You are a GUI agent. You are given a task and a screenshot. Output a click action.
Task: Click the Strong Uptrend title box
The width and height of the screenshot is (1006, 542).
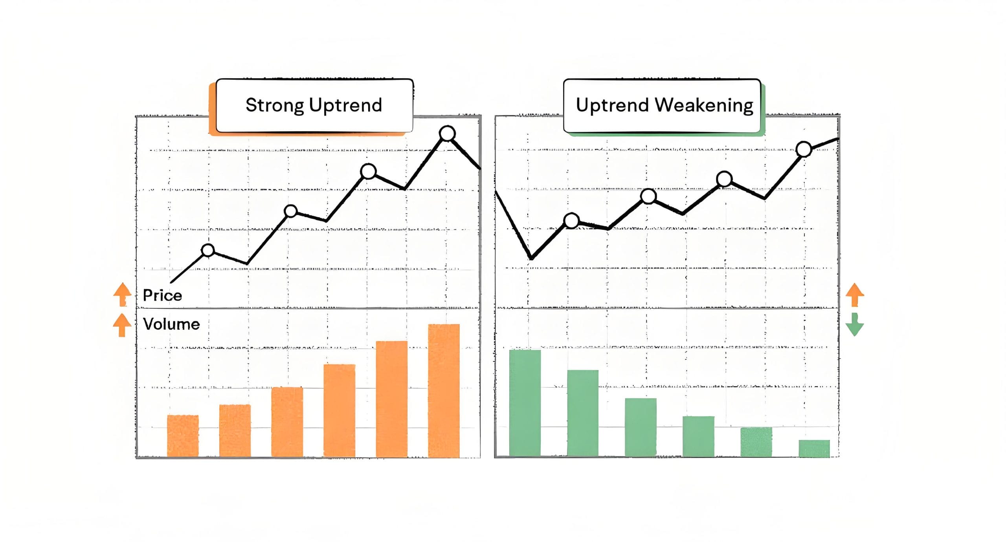click(x=314, y=105)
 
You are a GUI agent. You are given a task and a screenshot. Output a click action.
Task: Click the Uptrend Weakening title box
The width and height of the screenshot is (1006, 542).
click(x=662, y=105)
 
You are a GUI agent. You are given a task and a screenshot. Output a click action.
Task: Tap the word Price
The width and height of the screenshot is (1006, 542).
click(x=162, y=295)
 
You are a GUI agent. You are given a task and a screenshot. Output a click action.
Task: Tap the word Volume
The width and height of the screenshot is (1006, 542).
click(x=171, y=324)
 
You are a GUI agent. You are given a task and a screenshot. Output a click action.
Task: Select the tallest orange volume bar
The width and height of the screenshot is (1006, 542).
click(x=444, y=390)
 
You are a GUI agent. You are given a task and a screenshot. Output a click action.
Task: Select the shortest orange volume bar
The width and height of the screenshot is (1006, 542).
click(x=183, y=436)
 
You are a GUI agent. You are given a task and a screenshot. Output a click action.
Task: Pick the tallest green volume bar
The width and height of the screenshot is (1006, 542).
click(x=525, y=403)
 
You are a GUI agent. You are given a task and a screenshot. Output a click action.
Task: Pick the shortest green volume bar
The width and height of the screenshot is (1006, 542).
click(x=814, y=449)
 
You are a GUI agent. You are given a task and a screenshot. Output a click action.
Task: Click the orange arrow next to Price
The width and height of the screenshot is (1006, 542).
click(x=122, y=294)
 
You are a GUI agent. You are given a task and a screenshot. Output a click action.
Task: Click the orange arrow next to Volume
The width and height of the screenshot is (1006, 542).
click(x=122, y=325)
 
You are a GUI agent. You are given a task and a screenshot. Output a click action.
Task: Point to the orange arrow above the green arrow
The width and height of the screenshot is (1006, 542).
click(x=854, y=294)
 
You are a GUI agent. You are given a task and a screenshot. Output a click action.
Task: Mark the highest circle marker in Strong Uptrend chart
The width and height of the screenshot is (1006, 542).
click(x=447, y=134)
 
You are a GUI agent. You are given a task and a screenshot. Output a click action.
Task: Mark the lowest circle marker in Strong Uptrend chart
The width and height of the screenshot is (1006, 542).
click(x=208, y=250)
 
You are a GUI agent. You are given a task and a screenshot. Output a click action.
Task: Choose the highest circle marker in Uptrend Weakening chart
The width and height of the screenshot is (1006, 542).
click(x=804, y=149)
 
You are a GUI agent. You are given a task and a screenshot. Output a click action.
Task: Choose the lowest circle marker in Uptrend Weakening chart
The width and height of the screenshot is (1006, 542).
click(x=571, y=221)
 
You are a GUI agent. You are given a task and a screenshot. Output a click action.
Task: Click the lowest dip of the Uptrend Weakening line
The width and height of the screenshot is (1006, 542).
click(x=531, y=258)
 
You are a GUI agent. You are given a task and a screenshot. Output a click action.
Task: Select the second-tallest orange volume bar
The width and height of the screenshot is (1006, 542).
click(x=392, y=399)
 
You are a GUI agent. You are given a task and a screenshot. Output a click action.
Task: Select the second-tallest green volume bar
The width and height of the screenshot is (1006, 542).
click(x=583, y=413)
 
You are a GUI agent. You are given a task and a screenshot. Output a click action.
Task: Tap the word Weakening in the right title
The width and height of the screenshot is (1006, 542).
click(x=704, y=106)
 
